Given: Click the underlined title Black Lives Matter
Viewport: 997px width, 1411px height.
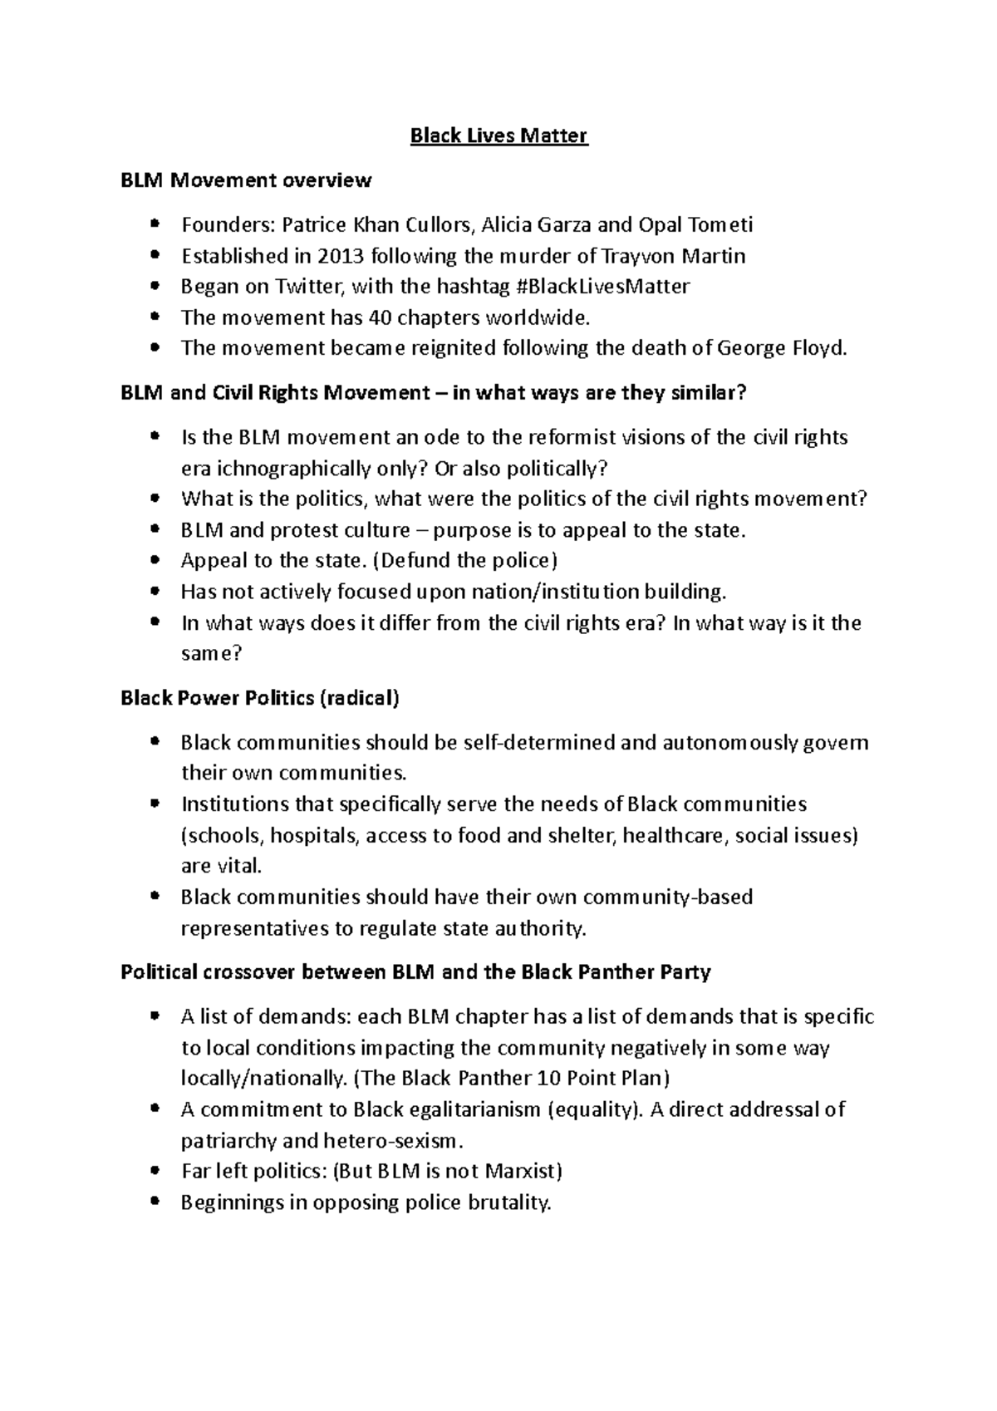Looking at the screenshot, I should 498,135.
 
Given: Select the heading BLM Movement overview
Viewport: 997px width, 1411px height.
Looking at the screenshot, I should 246,180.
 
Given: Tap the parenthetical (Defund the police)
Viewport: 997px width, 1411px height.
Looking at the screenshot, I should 464,561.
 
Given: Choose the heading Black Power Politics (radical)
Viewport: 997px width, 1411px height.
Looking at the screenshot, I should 260,698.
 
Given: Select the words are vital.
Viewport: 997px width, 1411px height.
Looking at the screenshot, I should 221,866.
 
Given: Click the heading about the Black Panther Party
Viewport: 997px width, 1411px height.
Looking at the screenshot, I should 415,971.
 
